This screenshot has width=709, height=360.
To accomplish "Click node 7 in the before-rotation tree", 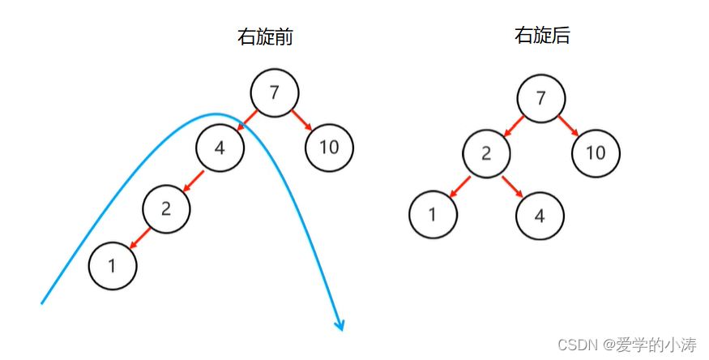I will [275, 92].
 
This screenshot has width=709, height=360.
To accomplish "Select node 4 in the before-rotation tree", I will [220, 148].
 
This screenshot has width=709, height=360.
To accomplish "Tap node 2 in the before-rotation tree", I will [166, 208].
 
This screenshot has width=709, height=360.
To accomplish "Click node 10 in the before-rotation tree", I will [329, 148].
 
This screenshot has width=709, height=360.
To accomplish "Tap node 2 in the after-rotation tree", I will [486, 153].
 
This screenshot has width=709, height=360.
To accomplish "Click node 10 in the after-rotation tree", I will [596, 153].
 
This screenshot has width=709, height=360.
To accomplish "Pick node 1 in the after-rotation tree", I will [433, 214].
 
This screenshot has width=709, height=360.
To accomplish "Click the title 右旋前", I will [264, 36].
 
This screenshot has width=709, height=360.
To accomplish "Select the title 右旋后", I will [541, 35].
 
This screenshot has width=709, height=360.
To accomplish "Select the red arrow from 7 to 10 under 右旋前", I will [303, 121].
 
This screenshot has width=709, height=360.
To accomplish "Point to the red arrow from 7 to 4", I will [247, 121].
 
